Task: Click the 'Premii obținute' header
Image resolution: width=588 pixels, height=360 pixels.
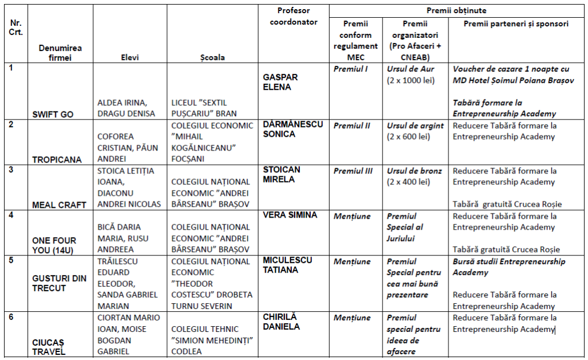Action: [x=457, y=11]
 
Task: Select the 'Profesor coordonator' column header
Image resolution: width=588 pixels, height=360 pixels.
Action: [x=293, y=17]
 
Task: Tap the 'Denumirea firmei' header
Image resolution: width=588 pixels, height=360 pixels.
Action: [x=60, y=53]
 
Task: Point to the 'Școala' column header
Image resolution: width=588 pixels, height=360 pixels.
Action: [x=212, y=57]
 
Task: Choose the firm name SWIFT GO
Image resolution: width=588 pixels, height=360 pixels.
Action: [x=53, y=114]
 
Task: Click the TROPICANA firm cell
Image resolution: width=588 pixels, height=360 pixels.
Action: [x=57, y=160]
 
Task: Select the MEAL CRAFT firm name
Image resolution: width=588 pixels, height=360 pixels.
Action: [x=59, y=205]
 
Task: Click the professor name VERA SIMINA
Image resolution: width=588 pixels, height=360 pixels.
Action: [x=290, y=215]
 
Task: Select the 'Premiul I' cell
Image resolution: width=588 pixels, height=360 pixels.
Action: [x=350, y=69]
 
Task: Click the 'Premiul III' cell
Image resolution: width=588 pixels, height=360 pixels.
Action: [x=353, y=171]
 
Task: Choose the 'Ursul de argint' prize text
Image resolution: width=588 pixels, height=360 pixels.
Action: [x=415, y=126]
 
